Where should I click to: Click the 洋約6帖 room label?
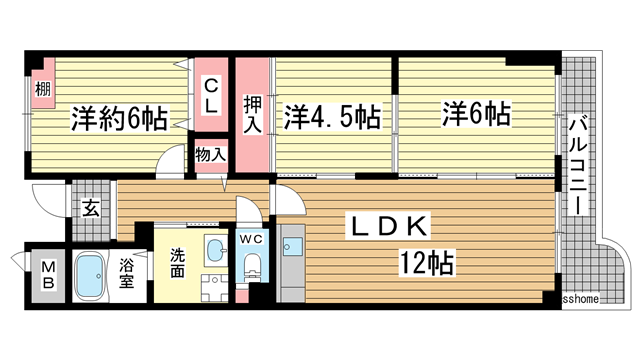[x=118, y=119]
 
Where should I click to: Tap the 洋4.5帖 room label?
[x=331, y=117]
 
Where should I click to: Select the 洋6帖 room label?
[x=476, y=112]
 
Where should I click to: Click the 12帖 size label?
[x=425, y=263]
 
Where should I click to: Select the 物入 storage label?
[x=210, y=155]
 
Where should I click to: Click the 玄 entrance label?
[x=89, y=209]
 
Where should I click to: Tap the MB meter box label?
[x=46, y=274]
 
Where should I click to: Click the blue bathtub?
[x=92, y=277]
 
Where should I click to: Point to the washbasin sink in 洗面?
[x=214, y=251]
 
